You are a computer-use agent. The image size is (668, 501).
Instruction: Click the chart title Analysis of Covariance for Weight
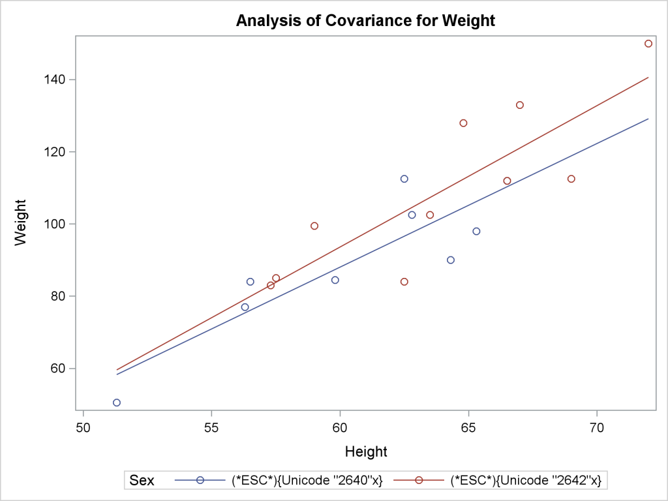pos(365,20)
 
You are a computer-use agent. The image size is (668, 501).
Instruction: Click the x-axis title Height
pos(366,451)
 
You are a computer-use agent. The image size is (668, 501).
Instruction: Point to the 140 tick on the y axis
pos(58,80)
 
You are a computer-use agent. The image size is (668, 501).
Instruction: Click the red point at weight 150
pos(648,44)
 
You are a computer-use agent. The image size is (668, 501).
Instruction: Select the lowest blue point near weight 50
pos(117,402)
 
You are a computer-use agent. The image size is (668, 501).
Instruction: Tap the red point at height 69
pos(571,179)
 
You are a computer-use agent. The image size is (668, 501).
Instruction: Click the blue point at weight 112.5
pos(404,179)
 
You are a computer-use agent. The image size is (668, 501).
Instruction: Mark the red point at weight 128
pos(463,123)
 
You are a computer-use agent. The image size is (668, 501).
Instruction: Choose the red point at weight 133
pos(520,105)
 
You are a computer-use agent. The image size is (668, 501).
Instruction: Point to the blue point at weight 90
pos(451,260)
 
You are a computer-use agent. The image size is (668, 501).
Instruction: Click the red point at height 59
pos(314,226)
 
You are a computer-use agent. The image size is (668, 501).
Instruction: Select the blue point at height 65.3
pos(476,231)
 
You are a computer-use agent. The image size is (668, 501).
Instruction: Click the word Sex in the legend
pos(142,481)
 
